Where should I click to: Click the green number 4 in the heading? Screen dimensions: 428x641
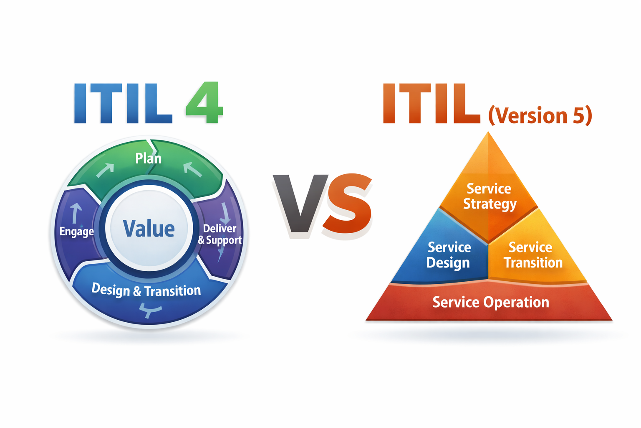(x=204, y=103)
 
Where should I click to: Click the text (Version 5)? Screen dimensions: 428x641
(x=540, y=116)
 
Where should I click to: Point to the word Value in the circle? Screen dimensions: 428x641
(x=149, y=229)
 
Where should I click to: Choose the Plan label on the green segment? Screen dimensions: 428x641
(x=148, y=158)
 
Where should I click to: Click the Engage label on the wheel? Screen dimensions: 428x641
(x=76, y=231)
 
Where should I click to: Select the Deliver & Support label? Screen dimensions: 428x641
(x=220, y=234)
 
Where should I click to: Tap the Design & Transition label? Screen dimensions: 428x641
(x=146, y=290)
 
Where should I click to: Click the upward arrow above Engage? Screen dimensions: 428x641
(x=76, y=213)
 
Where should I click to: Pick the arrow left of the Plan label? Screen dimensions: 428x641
(x=105, y=170)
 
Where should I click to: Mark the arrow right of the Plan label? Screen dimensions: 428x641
(x=192, y=169)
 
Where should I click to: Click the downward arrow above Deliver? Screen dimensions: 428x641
(x=225, y=213)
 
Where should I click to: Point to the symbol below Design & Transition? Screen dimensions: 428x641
(x=150, y=310)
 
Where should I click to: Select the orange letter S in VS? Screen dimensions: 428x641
(x=348, y=204)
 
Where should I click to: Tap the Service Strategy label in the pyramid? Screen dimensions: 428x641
(x=490, y=196)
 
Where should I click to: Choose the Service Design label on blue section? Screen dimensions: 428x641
(x=449, y=255)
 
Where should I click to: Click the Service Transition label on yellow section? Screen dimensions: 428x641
(x=533, y=255)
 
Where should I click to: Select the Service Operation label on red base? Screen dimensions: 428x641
(x=491, y=302)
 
